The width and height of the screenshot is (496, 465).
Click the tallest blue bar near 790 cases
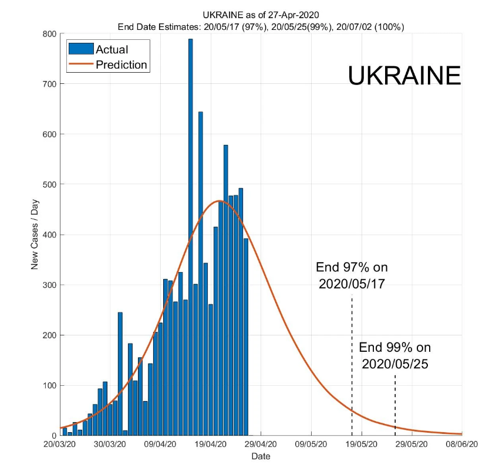pos(190,235)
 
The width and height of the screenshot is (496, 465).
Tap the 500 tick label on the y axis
pos(49,185)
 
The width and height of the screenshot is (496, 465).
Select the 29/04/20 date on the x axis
pos(260,445)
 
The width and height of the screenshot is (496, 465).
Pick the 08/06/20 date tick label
pos(462,445)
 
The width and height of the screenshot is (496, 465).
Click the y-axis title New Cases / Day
pos(35,235)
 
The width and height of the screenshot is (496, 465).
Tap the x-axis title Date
pos(261,456)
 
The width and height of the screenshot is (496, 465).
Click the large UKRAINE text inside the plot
pos(404,76)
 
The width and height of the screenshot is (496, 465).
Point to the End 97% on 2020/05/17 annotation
pos(352,276)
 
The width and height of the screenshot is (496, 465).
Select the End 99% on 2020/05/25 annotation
pos(394,355)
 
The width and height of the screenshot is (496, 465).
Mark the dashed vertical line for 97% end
pos(352,364)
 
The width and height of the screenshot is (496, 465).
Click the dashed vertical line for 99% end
pos(395,405)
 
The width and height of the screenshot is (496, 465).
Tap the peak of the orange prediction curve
pos(220,201)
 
